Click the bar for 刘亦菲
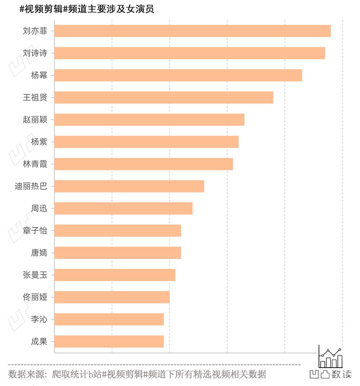192,31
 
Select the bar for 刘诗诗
189,53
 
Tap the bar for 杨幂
178,75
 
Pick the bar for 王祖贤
163,97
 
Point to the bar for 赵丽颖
149,120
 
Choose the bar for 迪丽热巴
129,186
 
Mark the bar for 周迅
123,208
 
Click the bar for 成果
109,341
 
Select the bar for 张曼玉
115,275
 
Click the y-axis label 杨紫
39,142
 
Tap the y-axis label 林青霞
35,164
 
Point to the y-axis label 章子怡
35,230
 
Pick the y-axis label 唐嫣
39,253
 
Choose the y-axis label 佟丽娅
35,297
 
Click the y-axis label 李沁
39,319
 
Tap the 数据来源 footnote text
137,374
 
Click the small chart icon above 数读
330,357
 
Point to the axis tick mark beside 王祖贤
52,98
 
